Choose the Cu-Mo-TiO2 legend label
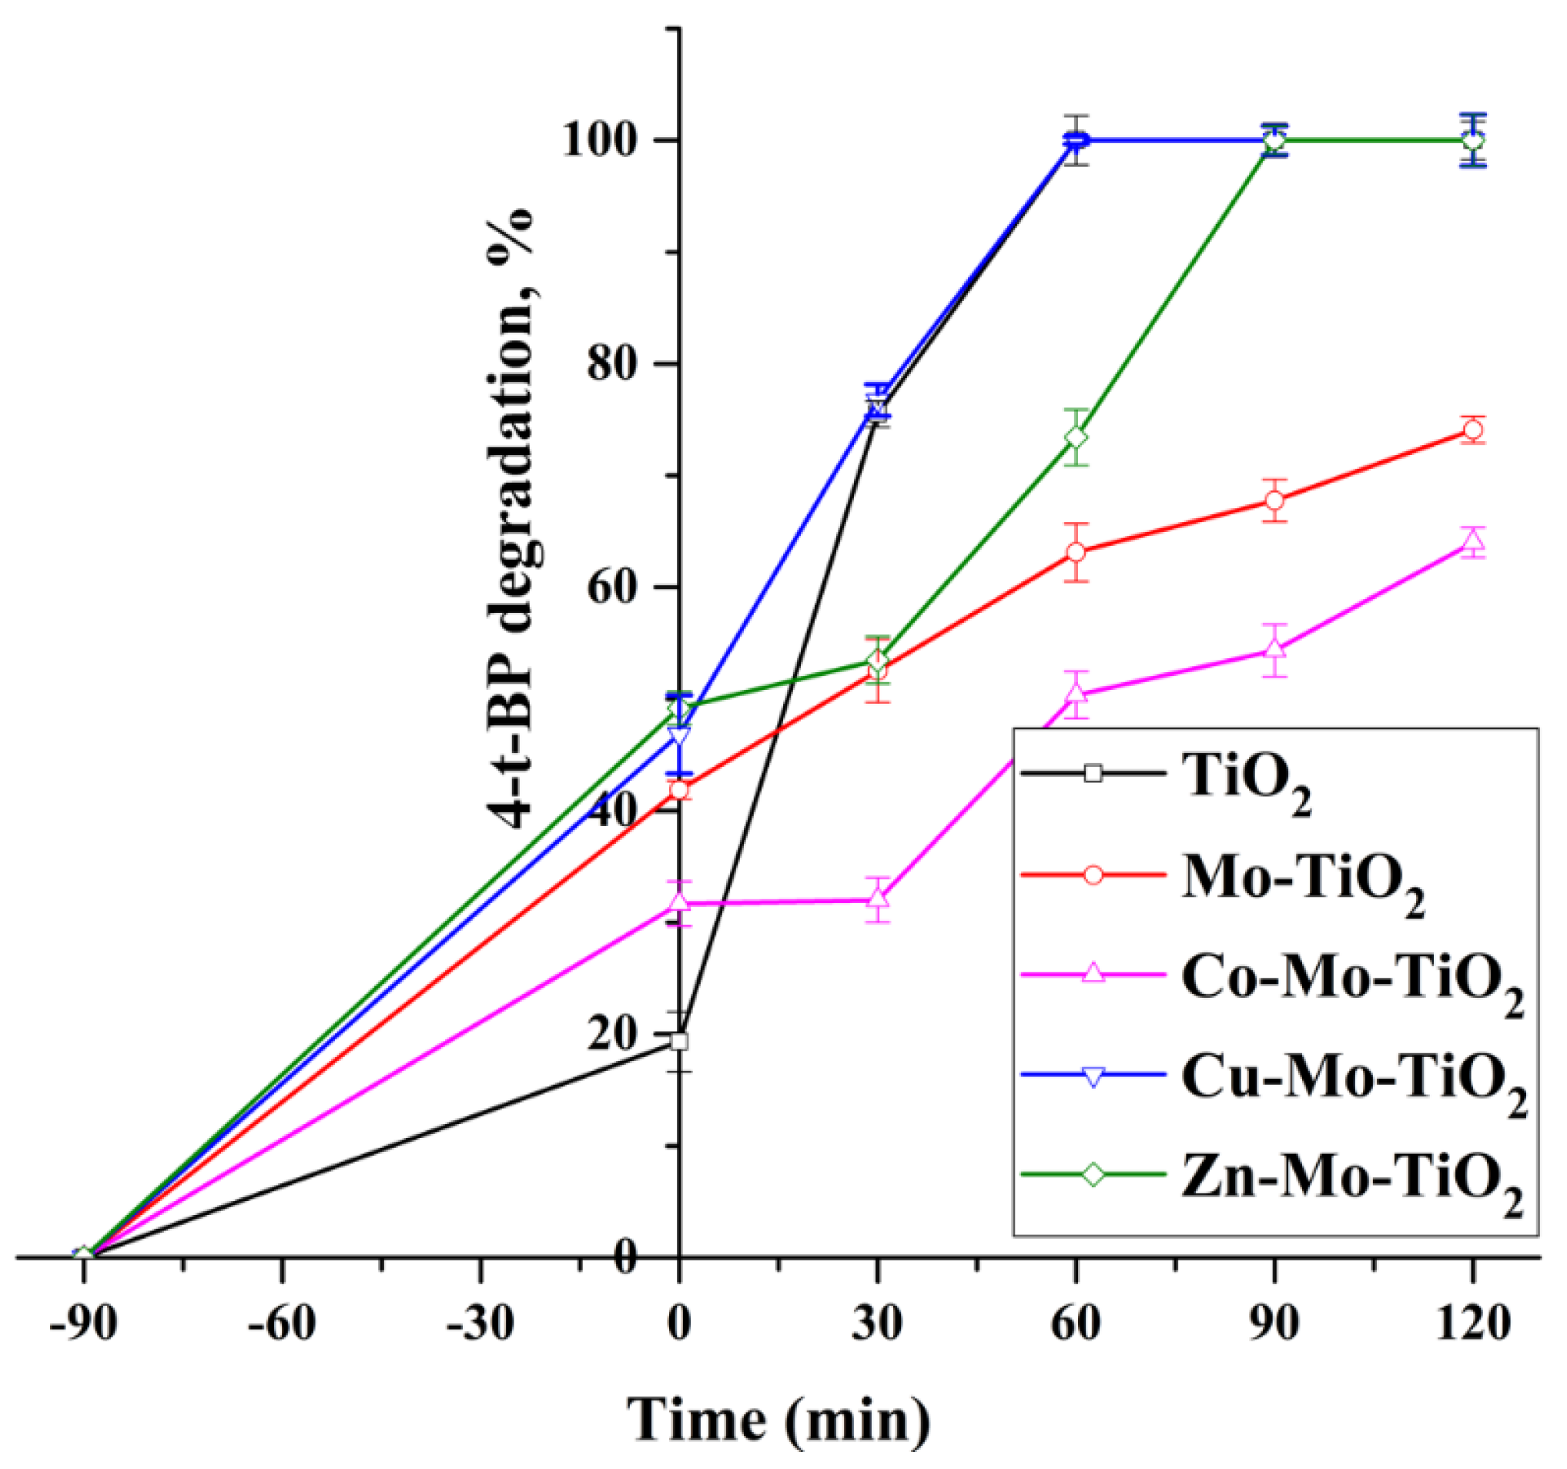pyautogui.click(x=1354, y=1081)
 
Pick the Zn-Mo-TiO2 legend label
pyautogui.click(x=1351, y=1182)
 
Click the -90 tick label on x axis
pyautogui.click(x=82, y=1324)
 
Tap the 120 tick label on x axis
pyautogui.click(x=1472, y=1324)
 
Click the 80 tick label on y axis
pyautogui.click(x=623, y=364)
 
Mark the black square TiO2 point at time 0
pyautogui.click(x=679, y=1042)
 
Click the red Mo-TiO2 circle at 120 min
pyautogui.click(x=1472, y=430)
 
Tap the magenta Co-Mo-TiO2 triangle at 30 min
pyautogui.click(x=877, y=899)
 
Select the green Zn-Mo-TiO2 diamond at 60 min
pyautogui.click(x=1076, y=437)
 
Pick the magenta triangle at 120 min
pyautogui.click(x=1472, y=541)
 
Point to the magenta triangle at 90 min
pyautogui.click(x=1274, y=650)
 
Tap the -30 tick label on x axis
pyautogui.click(x=479, y=1324)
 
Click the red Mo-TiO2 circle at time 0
pyautogui.click(x=679, y=791)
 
